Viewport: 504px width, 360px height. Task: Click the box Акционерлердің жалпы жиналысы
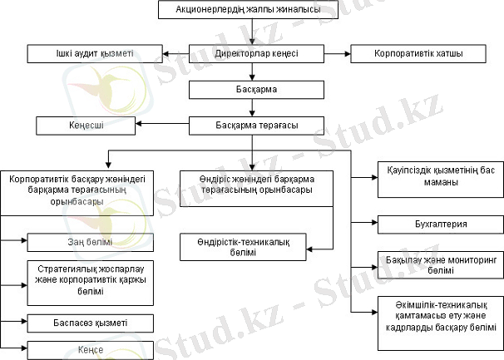(251, 10)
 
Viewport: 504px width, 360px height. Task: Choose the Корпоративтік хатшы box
(418, 54)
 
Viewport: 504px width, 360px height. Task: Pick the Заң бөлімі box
(90, 242)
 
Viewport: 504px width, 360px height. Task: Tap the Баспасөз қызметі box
(90, 321)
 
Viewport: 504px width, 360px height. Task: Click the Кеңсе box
(90, 349)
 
